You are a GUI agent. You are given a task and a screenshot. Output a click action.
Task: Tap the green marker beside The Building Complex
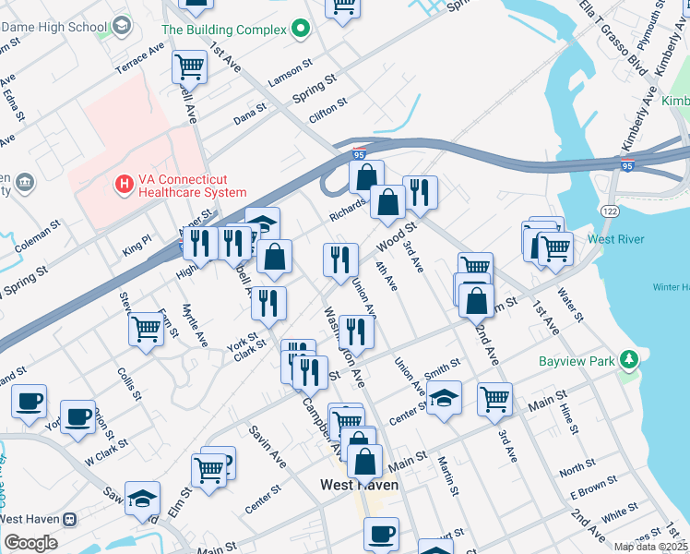pos(300,30)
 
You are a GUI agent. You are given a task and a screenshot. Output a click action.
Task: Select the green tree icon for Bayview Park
pos(629,358)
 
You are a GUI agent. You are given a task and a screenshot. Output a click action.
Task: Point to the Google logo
pos(30,543)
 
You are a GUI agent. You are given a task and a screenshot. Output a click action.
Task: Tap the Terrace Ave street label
pos(138,58)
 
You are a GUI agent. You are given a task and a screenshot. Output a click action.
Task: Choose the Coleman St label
pos(36,225)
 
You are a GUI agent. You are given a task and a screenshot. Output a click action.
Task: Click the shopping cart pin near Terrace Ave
pos(189,66)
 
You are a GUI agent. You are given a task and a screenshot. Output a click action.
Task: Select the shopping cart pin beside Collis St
pos(147,329)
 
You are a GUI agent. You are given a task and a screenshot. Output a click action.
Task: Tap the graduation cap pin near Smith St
pos(444,399)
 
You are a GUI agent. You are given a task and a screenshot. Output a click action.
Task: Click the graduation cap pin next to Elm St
pos(142,499)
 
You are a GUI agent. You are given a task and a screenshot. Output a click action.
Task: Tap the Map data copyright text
pos(649,547)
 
